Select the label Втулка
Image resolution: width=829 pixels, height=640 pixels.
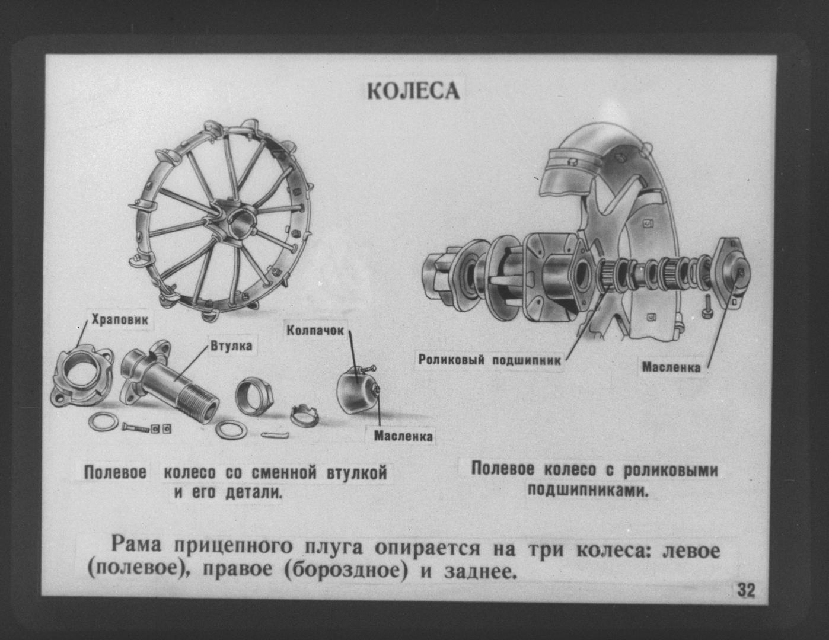tap(232, 345)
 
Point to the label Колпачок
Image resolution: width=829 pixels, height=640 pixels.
tap(315, 331)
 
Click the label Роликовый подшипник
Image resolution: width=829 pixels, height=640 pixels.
tap(490, 360)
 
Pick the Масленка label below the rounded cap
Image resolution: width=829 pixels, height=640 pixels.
tap(403, 436)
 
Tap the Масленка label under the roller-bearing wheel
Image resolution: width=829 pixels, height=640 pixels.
tap(671, 367)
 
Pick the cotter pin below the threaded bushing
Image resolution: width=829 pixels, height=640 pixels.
tap(275, 434)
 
